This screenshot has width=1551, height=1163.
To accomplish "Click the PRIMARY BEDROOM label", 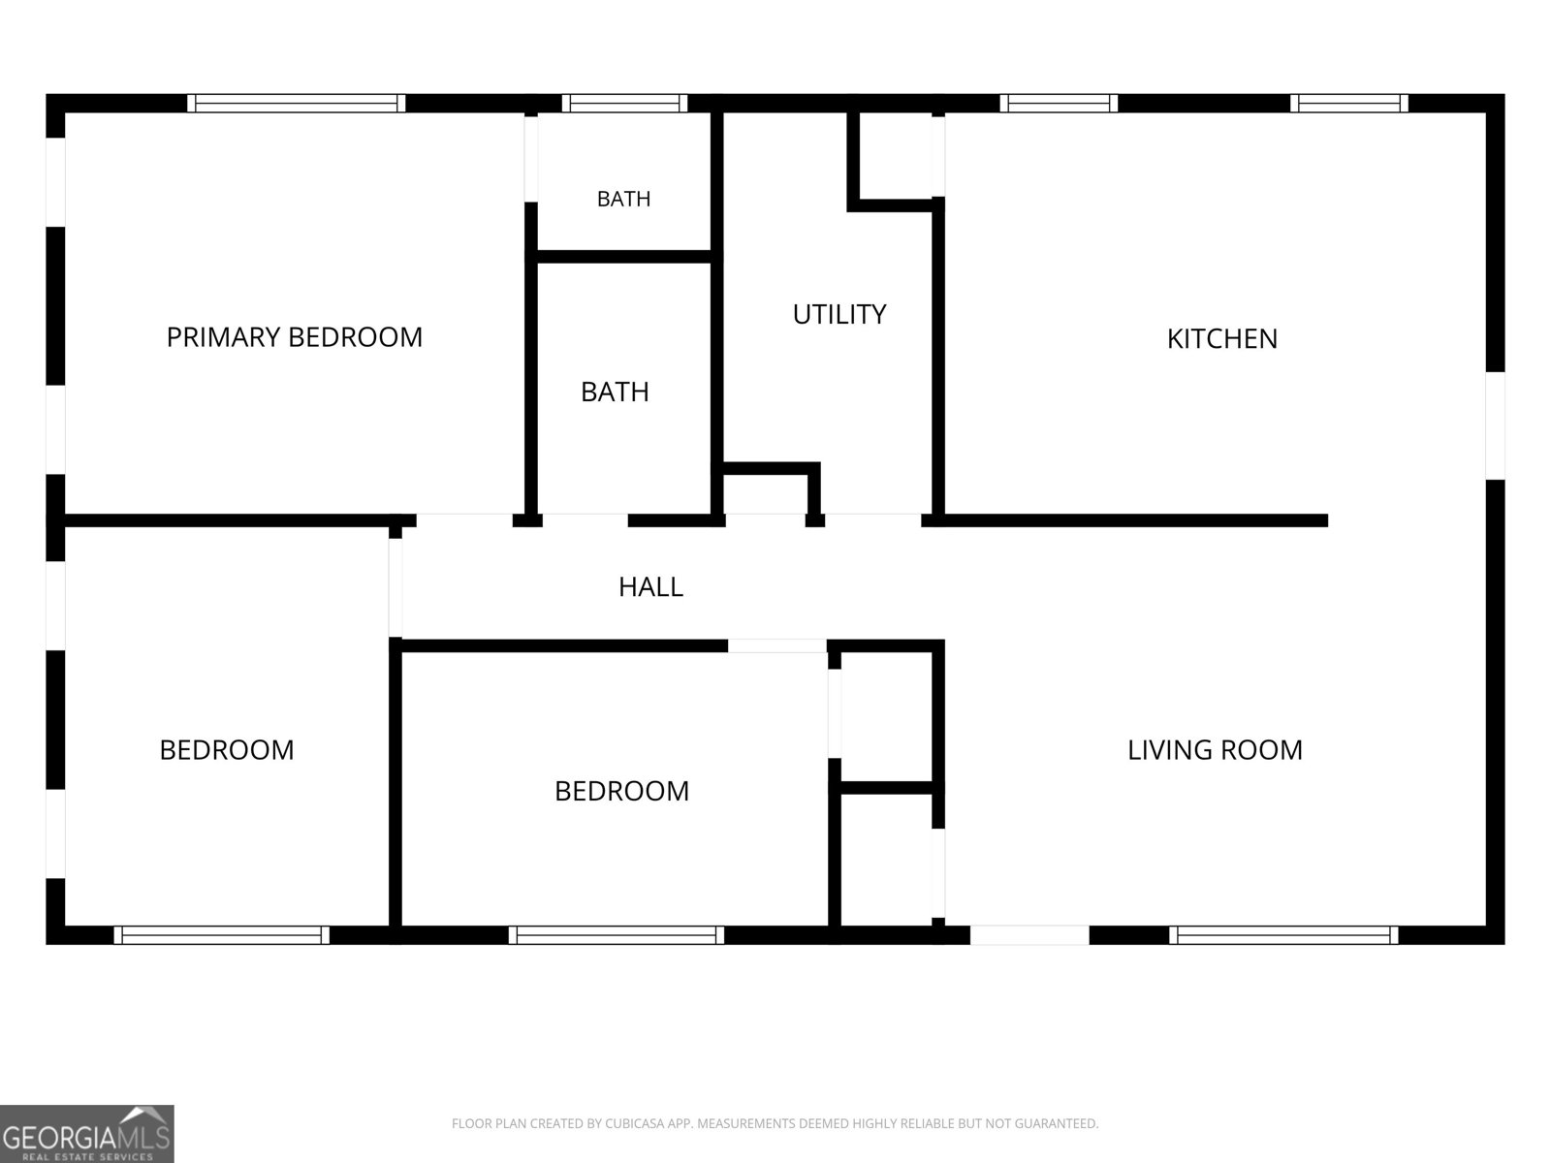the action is [294, 337].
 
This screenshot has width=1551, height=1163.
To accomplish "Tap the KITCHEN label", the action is [1221, 339].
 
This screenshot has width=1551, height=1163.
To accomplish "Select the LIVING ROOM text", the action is [1215, 750].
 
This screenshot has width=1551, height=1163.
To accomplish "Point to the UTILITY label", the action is [839, 314].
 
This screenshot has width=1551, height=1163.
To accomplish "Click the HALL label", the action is [650, 586].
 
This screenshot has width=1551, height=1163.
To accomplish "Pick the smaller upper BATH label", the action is [624, 199].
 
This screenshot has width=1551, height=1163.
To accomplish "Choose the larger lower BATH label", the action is [615, 392].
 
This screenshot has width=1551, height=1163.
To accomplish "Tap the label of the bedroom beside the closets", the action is [621, 791].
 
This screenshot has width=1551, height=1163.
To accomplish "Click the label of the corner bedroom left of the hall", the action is [227, 750].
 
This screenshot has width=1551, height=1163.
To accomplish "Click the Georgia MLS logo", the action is [87, 1133].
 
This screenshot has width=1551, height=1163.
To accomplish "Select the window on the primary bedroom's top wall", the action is [297, 103].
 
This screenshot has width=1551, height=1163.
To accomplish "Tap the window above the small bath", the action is [624, 103].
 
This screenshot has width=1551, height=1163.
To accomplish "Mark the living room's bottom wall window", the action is [1283, 935].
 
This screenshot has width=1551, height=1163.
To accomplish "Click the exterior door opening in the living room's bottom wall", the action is [1029, 935].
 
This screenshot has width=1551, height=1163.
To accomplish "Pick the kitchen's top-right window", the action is [1349, 103].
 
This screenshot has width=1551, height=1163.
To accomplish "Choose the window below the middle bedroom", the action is [617, 935].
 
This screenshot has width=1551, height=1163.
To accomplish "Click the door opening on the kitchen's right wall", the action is [1495, 425].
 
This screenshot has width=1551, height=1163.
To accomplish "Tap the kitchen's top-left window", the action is [1059, 103].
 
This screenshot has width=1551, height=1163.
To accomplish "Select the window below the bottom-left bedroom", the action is [222, 935].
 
